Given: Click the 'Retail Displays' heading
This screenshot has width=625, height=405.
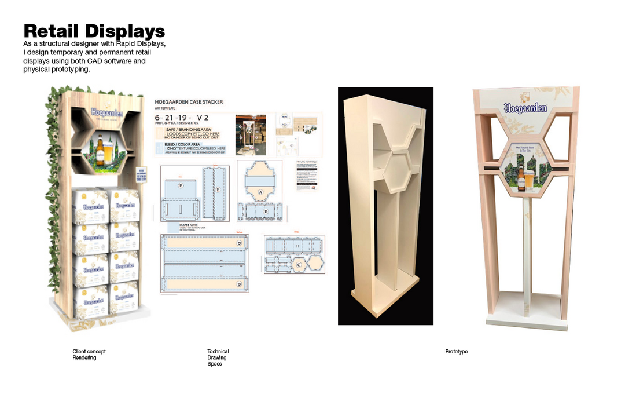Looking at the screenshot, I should [x=94, y=31].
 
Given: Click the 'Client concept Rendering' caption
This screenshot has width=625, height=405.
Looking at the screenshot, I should [x=89, y=355].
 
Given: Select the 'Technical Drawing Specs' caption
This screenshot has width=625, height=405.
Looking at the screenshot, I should [x=218, y=357].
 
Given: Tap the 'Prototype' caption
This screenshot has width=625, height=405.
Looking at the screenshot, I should [x=456, y=352].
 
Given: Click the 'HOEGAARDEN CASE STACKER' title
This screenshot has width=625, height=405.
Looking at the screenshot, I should [x=189, y=103].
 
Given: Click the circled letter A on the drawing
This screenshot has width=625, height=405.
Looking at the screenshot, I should [x=260, y=192].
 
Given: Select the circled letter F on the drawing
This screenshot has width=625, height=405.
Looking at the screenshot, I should [x=181, y=185].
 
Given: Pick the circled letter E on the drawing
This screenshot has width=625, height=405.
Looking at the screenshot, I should [x=218, y=189].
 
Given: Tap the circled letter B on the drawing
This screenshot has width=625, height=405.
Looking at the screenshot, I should [x=266, y=211].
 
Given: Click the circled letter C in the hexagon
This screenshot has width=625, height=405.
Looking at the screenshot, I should [x=299, y=264].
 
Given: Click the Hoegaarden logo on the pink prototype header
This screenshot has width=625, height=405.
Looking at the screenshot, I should [x=525, y=108].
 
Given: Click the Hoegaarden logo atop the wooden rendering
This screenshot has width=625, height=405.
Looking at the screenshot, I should [x=107, y=112].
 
